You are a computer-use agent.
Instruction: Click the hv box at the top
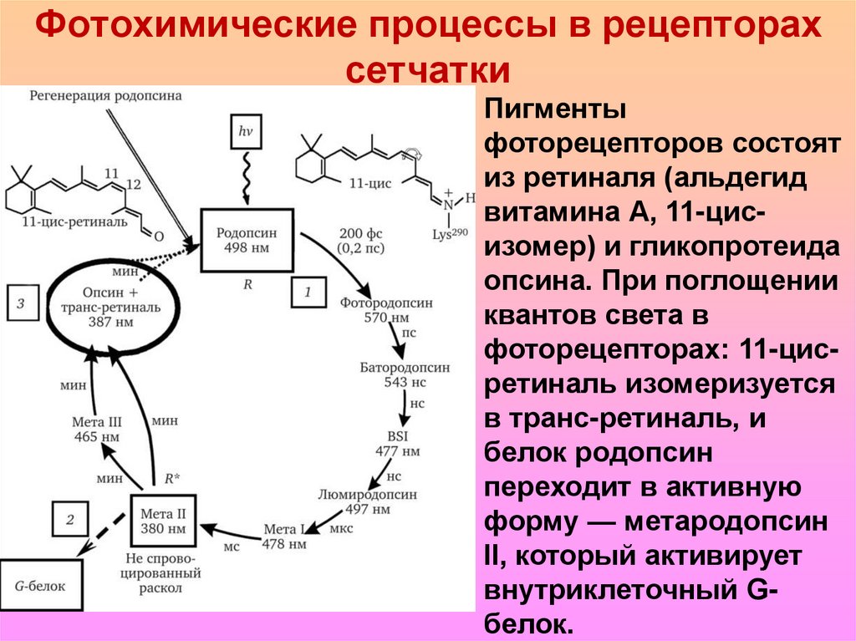[245, 131]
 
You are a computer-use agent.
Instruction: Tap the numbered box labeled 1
[308, 293]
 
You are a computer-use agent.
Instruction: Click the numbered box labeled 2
[70, 520]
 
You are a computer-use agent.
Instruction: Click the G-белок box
[39, 587]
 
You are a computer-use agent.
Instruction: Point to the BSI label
[396, 436]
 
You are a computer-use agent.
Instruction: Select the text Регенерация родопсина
[105, 95]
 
